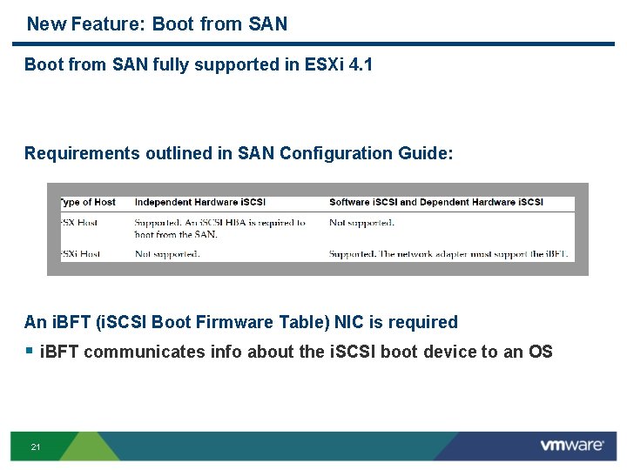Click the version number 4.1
click(360, 64)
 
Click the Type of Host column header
click(87, 202)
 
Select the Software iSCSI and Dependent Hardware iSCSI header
click(436, 202)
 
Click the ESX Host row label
click(79, 223)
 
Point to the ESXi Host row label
click(80, 254)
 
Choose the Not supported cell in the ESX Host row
click(362, 223)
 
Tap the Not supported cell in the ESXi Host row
click(167, 254)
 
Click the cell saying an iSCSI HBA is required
click(219, 228)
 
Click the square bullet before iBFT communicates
click(29, 351)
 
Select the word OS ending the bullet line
click(539, 352)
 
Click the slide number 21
click(35, 447)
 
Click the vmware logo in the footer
click(571, 446)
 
